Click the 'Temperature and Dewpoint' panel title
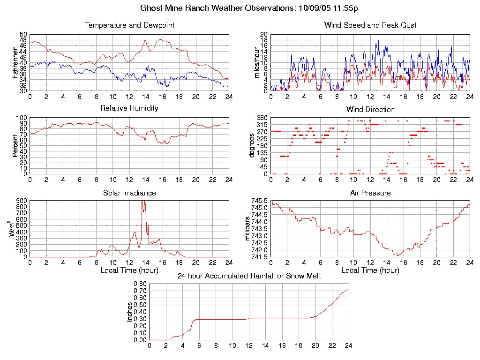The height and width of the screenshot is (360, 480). coord(129,25)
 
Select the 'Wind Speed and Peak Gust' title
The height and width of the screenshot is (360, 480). coord(370,25)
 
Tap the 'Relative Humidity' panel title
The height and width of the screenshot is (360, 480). coord(129,108)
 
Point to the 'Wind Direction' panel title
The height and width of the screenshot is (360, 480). coord(370,109)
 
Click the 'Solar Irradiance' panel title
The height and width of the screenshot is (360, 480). coord(129,193)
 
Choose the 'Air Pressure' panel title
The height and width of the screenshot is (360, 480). coord(370,193)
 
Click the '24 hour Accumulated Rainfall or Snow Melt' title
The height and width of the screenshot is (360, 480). coord(249,276)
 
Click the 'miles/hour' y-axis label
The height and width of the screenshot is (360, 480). coord(256,63)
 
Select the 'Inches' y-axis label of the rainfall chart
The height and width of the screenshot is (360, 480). coord(130,312)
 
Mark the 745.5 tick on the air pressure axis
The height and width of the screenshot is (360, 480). coord(259,201)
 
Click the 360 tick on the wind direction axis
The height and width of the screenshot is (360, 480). coord(262,118)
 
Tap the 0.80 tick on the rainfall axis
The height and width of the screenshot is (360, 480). coord(140,284)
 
